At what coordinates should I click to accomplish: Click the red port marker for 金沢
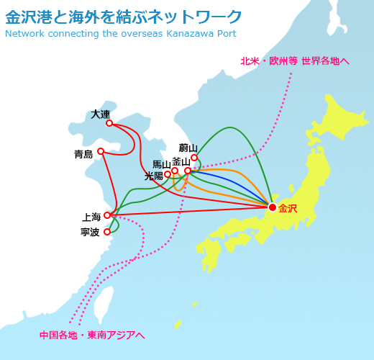[273, 207]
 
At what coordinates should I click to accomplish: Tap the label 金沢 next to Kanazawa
[288, 209]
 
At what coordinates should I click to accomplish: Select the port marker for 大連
[109, 123]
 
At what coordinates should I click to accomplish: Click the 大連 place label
[101, 114]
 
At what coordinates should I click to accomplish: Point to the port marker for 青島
[101, 151]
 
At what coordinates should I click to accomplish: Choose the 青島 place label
[83, 154]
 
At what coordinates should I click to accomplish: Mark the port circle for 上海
[107, 215]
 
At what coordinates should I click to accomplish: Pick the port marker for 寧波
[107, 232]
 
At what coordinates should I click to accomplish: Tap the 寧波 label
[90, 233]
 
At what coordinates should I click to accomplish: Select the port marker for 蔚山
[194, 158]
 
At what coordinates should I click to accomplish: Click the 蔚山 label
[188, 148]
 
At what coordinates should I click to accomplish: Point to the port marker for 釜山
[188, 171]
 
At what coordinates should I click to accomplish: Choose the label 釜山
[181, 161]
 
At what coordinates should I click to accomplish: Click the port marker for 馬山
[175, 171]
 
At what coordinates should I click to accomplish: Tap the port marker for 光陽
[168, 174]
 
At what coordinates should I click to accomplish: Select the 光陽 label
[153, 176]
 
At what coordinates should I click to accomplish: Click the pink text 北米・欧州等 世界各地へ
[295, 61]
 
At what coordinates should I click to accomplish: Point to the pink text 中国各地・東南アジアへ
[92, 335]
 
